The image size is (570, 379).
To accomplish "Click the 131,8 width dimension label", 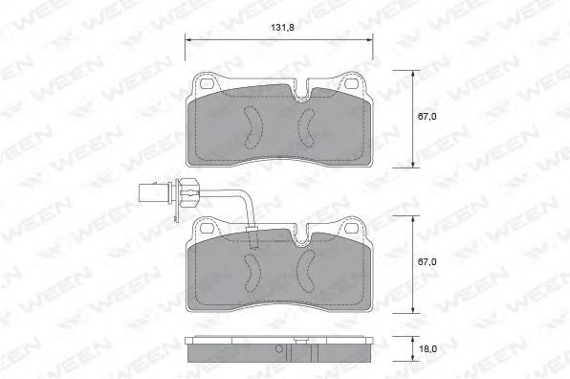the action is point(282,28).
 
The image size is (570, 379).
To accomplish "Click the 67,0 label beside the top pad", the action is point(427,117).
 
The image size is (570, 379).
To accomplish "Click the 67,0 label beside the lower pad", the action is point(427,262).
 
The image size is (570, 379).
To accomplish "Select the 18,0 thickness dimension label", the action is point(427,349).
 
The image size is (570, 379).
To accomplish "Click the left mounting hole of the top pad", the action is point(208,83).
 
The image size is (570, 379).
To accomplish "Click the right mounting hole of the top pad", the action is point(351,83).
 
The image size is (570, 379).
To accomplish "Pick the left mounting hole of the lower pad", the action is point(208,228).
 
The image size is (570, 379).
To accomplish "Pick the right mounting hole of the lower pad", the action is point(351,228).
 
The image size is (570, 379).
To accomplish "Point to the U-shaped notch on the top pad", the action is point(300,96).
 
